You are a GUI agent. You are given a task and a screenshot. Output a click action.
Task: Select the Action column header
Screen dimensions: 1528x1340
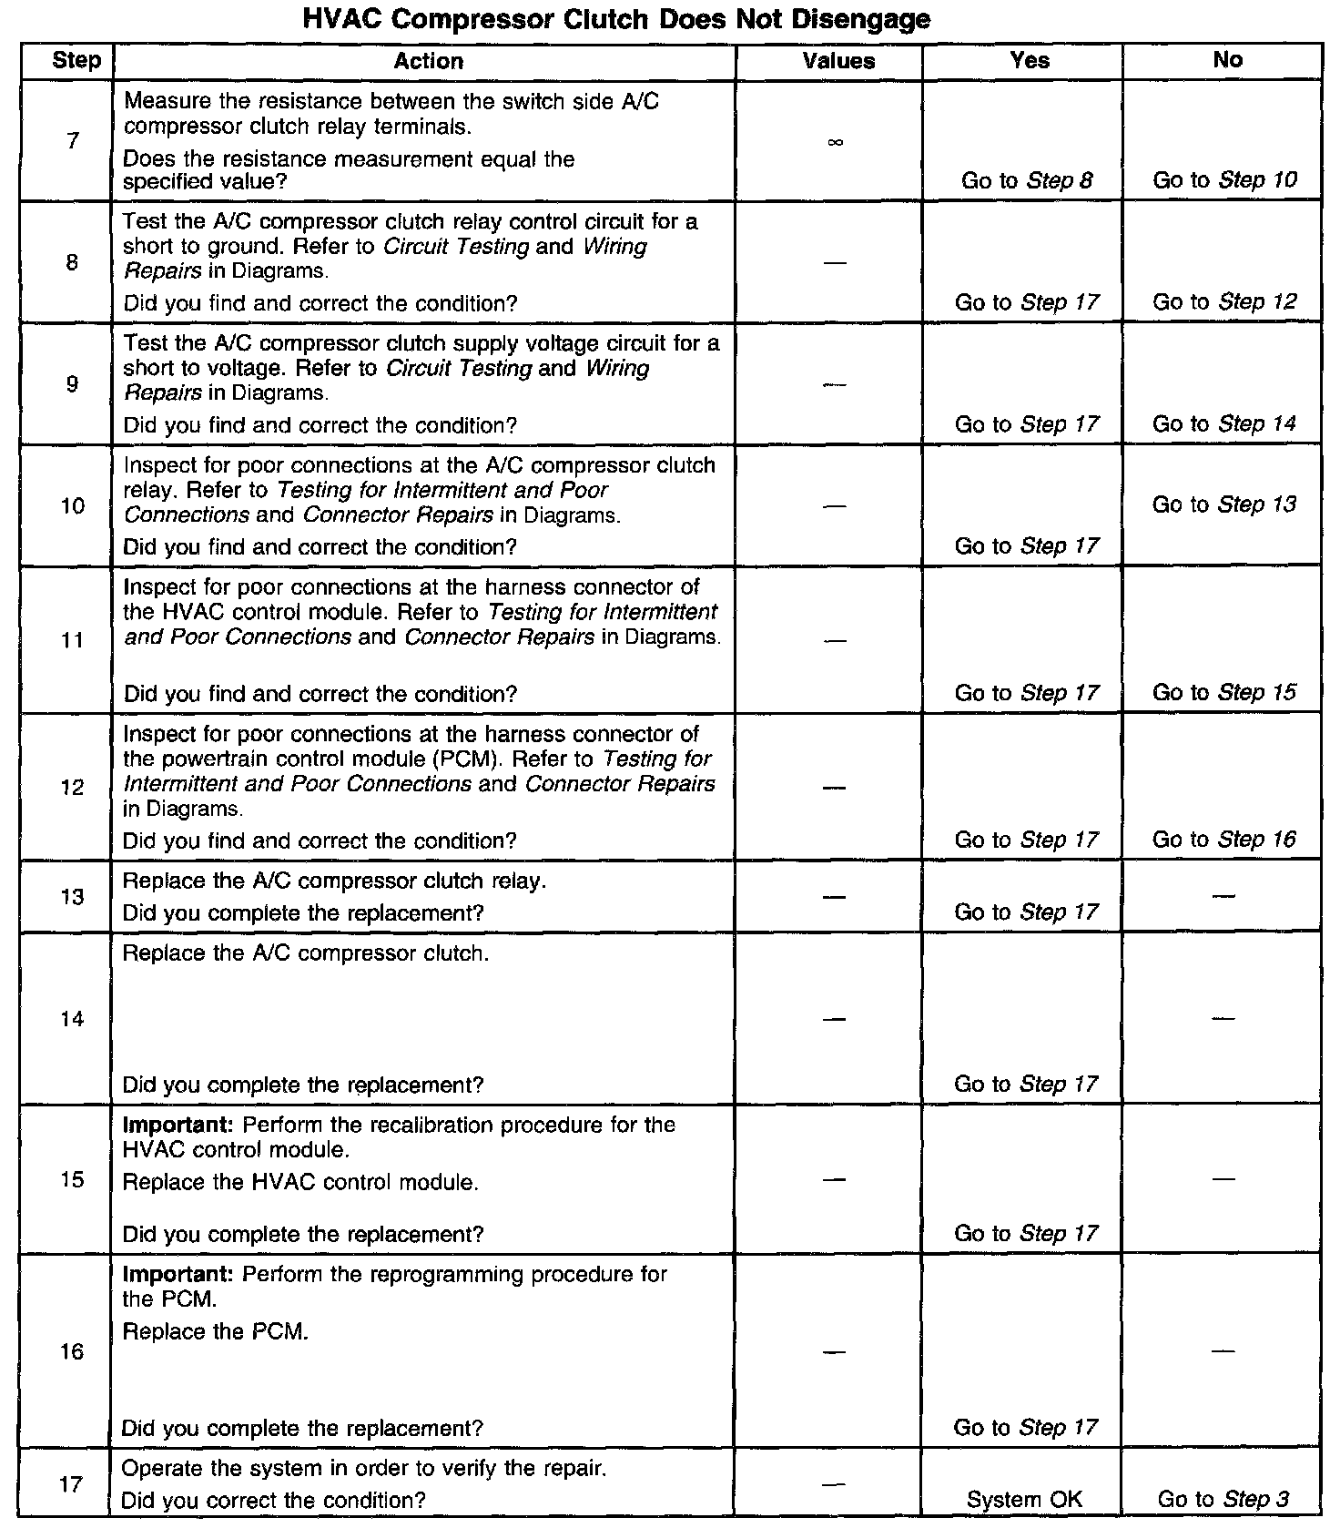(x=428, y=61)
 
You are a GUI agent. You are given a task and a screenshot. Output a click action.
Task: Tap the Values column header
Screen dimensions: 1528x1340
(x=838, y=61)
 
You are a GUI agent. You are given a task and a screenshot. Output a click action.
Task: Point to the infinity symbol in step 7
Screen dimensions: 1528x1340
(x=836, y=142)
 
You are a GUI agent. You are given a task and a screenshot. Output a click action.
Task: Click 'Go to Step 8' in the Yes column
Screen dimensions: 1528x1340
(x=1027, y=180)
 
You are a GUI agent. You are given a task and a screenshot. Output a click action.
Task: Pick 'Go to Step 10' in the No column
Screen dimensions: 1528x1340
(x=1224, y=180)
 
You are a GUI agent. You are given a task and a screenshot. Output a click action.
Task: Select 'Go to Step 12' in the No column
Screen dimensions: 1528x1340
(x=1224, y=302)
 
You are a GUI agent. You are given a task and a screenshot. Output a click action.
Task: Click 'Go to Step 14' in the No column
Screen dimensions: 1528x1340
(x=1224, y=424)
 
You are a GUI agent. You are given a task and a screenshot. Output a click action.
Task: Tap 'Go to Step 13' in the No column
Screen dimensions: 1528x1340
(x=1224, y=504)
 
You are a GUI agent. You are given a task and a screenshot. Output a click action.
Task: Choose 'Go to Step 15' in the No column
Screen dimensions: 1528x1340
(x=1224, y=693)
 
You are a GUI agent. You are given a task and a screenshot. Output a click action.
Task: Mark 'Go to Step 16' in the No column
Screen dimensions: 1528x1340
(x=1224, y=840)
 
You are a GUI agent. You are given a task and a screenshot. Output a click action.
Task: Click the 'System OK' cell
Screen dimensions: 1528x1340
(x=1024, y=1500)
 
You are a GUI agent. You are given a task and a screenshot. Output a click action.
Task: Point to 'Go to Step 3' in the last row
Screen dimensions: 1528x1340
(x=1223, y=1500)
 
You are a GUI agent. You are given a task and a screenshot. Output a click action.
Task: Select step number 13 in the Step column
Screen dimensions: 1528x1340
(x=72, y=897)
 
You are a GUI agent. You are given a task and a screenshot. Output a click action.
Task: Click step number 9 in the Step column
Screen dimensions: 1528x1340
(x=72, y=384)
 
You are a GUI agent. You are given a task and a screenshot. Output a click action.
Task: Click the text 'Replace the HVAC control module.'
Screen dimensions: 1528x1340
(x=300, y=1183)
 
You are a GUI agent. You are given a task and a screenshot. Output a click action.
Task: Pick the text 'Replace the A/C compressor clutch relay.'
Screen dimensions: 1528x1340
(x=334, y=881)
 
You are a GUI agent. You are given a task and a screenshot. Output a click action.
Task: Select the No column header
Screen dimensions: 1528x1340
(x=1227, y=60)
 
